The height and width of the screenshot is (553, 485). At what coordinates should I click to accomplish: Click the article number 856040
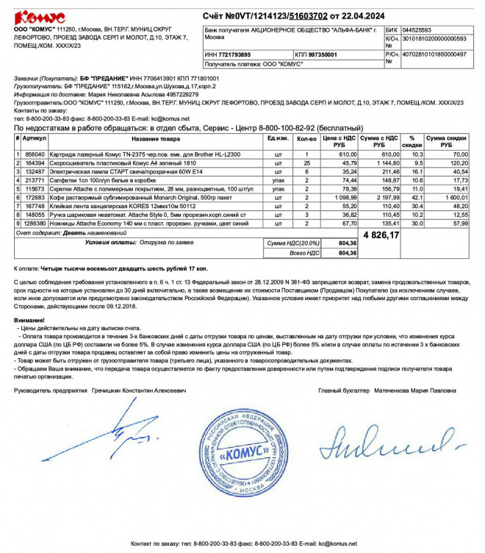point(35,154)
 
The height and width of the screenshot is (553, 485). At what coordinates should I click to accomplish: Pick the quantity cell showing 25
point(306,163)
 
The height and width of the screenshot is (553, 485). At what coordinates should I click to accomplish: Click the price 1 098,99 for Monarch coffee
point(343,199)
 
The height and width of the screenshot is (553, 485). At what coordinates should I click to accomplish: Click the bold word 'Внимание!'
point(29,320)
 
